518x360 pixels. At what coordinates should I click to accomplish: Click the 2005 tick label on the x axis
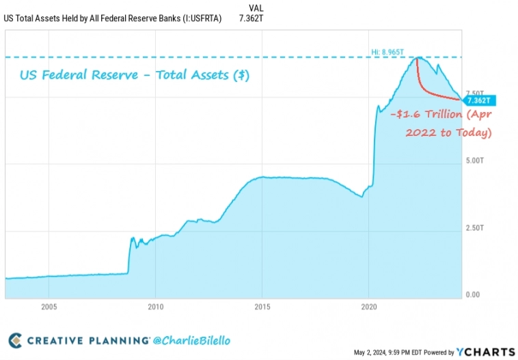[x=49, y=307]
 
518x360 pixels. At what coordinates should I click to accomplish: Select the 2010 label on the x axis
[x=155, y=307]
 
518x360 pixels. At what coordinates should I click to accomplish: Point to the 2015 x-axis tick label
[x=262, y=307]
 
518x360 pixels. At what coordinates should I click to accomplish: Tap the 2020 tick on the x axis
[x=368, y=307]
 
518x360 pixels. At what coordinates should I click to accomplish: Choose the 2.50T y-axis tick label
[x=474, y=228]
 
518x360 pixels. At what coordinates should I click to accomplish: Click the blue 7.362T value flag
[x=479, y=100]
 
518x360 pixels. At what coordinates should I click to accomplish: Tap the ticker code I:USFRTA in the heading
[x=198, y=18]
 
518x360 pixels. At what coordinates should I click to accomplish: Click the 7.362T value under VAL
[x=251, y=18]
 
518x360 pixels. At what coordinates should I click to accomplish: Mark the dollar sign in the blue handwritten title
[x=241, y=75]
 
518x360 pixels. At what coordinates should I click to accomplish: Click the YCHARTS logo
[x=486, y=352]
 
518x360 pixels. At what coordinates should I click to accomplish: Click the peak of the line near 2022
[x=417, y=57]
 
